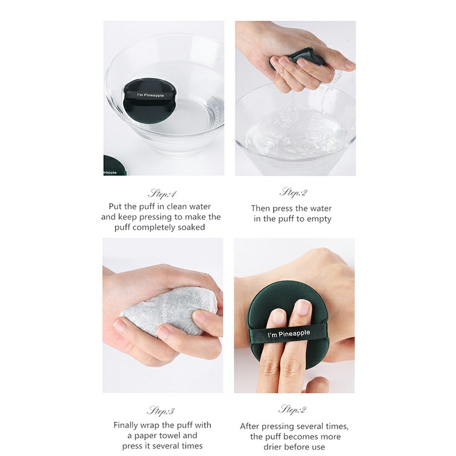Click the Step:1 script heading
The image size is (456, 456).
(162, 194)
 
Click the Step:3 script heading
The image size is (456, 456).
(161, 411)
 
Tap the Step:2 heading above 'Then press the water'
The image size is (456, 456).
(293, 193)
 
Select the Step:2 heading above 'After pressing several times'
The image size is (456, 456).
(292, 409)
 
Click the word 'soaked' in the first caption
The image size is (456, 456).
(192, 227)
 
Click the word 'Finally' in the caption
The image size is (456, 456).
(125, 425)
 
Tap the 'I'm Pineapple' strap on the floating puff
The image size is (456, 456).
(150, 95)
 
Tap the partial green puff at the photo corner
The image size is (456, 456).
(115, 165)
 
